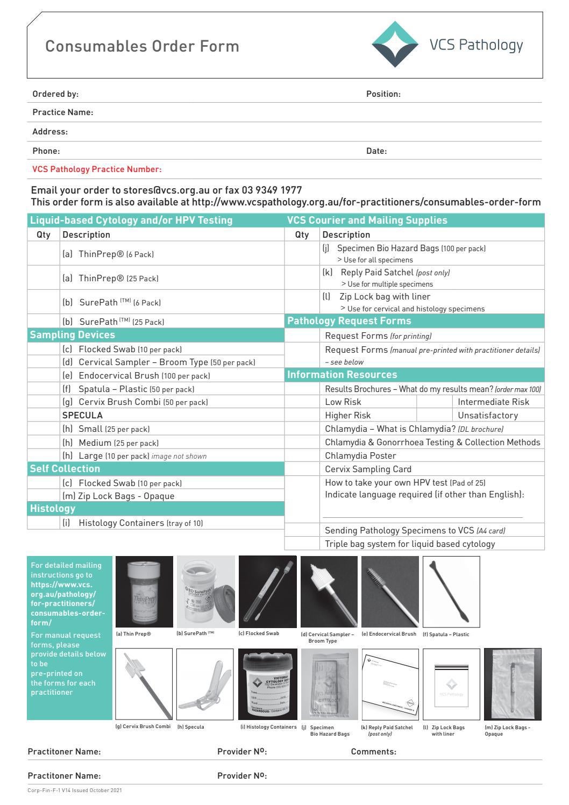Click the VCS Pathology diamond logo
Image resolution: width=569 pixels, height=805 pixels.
[395, 45]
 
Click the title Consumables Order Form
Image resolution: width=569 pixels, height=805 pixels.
[142, 46]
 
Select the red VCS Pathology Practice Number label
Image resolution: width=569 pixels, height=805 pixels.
[97, 169]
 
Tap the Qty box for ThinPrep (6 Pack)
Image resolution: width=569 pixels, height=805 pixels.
[44, 254]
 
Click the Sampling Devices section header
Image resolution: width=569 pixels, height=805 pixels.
[72, 335]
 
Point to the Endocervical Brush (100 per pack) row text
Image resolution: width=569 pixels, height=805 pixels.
[144, 376]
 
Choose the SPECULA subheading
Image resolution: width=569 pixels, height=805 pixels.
[82, 415]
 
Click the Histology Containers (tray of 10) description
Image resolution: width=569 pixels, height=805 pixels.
[140, 523]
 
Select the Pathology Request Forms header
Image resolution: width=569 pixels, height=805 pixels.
[349, 321]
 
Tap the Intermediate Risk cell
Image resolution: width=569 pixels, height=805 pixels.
[493, 402]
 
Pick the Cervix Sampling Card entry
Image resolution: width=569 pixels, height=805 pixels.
[368, 469]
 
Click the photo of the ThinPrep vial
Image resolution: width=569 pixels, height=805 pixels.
[144, 592]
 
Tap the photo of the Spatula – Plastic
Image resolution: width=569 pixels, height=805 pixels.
[451, 592]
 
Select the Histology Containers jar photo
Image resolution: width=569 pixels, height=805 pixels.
[267, 684]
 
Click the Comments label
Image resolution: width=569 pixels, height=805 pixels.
[373, 752]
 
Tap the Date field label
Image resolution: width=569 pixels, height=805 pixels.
[376, 151]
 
